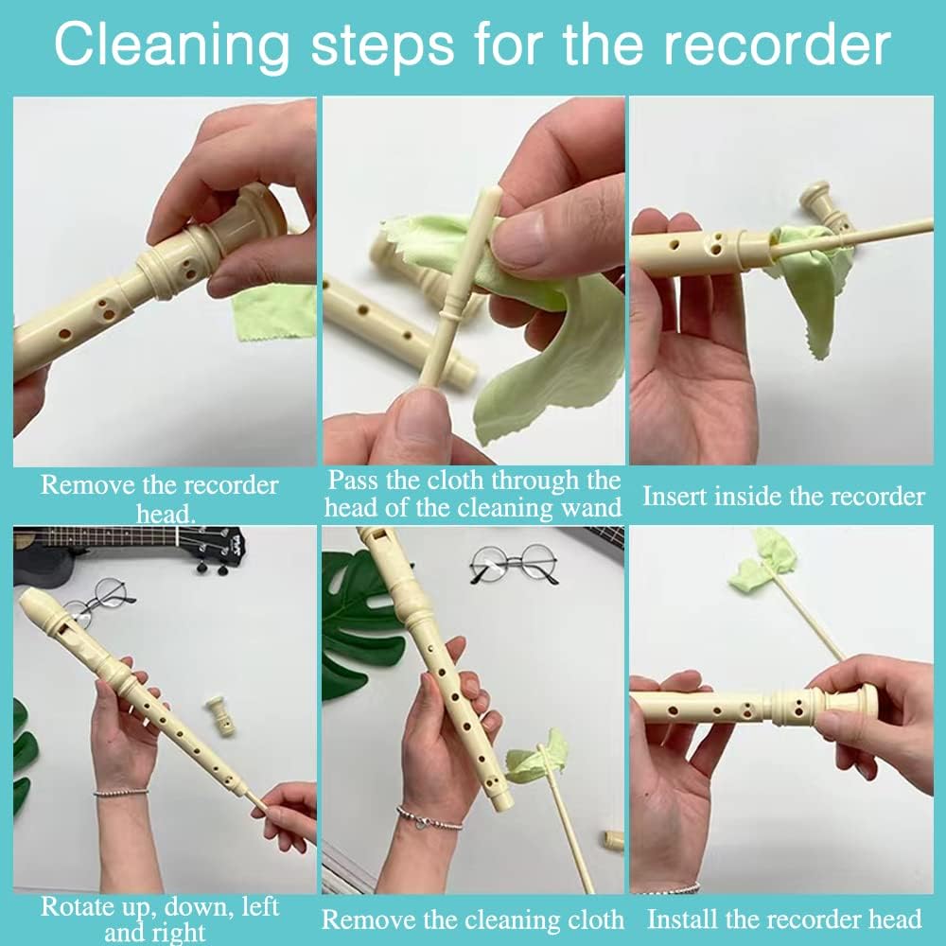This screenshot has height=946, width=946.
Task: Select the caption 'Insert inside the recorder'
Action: point(784,497)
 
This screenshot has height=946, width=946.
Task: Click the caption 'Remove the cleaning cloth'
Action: point(473,920)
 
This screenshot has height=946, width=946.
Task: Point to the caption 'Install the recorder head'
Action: point(784,919)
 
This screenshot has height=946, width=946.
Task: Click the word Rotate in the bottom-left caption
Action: point(80,907)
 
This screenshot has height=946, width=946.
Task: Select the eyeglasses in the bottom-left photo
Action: point(102,601)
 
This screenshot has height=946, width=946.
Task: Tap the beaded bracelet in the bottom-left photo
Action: point(121,792)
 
